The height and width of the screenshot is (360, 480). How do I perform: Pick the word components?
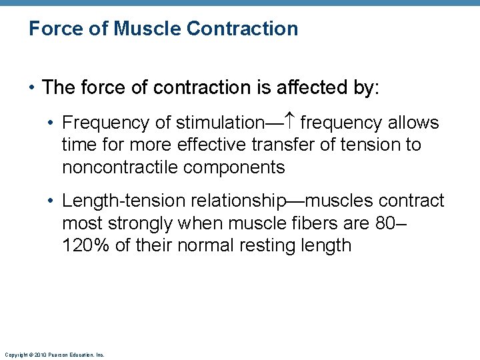tap(235, 167)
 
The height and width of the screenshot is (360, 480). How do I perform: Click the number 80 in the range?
tap(386, 223)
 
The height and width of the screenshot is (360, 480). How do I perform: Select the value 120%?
tap(85, 245)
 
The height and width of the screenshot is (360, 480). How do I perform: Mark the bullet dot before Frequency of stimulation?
tap(53, 123)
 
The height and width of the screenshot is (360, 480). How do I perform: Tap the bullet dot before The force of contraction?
tap(32, 88)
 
